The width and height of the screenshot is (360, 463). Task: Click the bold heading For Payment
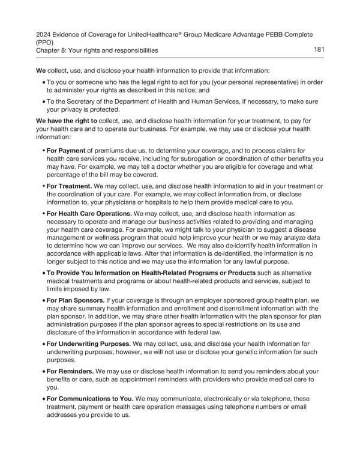(x=66, y=151)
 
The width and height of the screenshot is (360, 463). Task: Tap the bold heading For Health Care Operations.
(x=89, y=213)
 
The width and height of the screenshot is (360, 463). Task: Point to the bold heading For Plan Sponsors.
(x=76, y=300)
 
